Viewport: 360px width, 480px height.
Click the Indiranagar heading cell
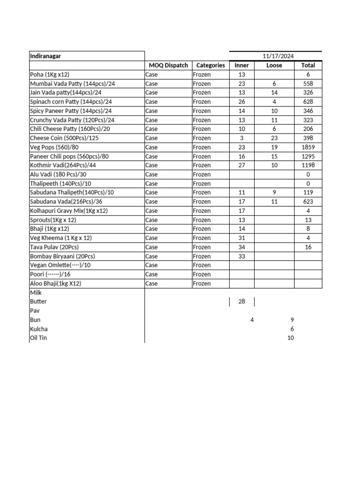pos(45,56)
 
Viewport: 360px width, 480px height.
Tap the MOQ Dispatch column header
pos(168,66)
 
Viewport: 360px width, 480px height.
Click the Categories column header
pos(210,66)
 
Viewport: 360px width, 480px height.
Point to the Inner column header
pos(242,66)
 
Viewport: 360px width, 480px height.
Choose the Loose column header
pos(274,66)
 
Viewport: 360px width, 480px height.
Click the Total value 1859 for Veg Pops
pos(308,147)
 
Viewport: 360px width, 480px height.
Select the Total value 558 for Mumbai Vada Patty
pos(308,83)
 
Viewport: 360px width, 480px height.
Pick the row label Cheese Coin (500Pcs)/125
pos(64,138)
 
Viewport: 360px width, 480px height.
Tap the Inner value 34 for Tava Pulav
pos(242,247)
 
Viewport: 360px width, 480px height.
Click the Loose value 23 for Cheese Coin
pos(274,138)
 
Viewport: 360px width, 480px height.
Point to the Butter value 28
pos(242,301)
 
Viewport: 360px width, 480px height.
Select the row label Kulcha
pos(38,329)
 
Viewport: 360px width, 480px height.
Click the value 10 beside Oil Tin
pos(291,338)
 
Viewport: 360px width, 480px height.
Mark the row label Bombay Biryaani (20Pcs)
pos(62,256)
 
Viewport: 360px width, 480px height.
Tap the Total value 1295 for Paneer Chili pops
pos(308,157)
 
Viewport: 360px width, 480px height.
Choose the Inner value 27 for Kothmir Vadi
pos(242,165)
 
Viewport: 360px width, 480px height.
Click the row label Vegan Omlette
pos(60,265)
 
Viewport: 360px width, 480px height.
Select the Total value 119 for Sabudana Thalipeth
pos(308,193)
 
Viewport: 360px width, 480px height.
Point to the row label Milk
pos(36,292)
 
